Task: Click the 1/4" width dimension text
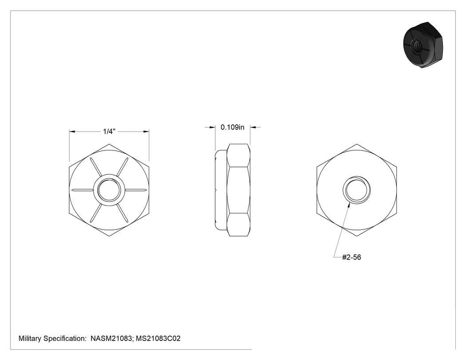coord(109,131)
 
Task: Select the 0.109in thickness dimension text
coord(233,127)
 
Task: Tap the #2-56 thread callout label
coord(351,257)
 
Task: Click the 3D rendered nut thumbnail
coord(423,45)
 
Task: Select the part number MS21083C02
coord(158,338)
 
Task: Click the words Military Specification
coord(52,338)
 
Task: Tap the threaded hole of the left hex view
coord(109,190)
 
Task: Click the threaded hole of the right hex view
coord(357,190)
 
